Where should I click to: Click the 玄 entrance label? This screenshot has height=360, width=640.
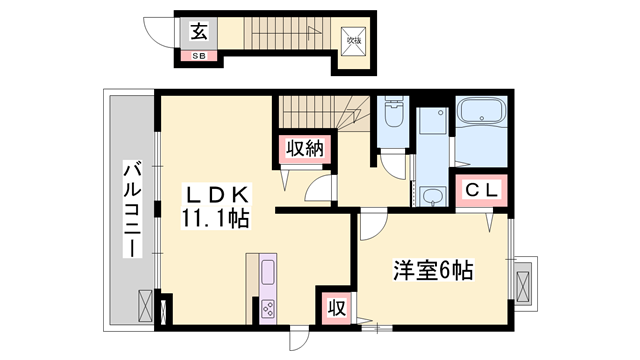click(199, 31)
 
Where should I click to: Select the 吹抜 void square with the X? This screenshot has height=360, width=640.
click(353, 41)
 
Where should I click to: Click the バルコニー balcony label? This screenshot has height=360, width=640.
click(132, 210)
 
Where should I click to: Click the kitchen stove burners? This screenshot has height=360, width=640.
click(268, 308)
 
